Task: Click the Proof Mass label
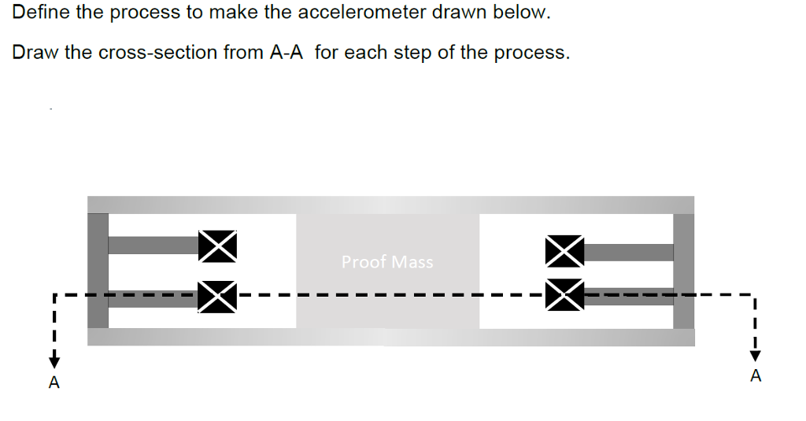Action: (x=387, y=262)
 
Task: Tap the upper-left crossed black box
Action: (x=218, y=246)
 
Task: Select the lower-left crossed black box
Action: (x=218, y=296)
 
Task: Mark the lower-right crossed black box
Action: (x=565, y=295)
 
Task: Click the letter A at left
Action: (x=54, y=383)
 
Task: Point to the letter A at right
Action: (x=756, y=376)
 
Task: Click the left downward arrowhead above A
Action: (x=54, y=361)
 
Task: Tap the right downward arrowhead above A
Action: (x=756, y=355)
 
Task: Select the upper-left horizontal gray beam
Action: (x=153, y=245)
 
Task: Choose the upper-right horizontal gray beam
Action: (x=630, y=253)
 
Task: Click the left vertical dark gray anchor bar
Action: (x=98, y=271)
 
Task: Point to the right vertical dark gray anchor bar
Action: (x=684, y=271)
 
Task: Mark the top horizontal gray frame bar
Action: (x=390, y=205)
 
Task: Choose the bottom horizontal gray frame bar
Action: (x=390, y=338)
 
